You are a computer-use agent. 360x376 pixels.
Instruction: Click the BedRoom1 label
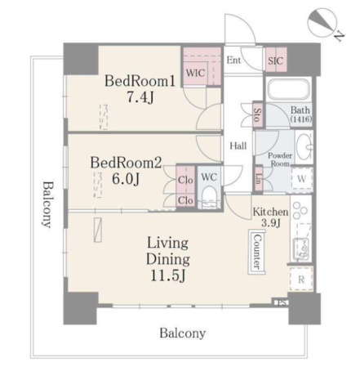click(x=140, y=81)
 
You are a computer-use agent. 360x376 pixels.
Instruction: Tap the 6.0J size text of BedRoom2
click(x=126, y=179)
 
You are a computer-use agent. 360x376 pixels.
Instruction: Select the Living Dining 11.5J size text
click(x=168, y=275)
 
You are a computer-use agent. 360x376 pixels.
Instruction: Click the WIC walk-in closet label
click(x=195, y=73)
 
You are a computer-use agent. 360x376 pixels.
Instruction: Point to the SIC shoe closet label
click(x=275, y=60)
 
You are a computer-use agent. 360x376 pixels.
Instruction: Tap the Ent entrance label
click(x=233, y=60)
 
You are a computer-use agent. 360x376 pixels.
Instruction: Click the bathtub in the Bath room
click(x=289, y=89)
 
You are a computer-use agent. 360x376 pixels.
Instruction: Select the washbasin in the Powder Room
click(x=304, y=147)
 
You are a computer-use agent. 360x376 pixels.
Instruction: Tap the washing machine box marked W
click(x=301, y=179)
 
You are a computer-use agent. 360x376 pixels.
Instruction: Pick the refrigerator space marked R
click(x=301, y=279)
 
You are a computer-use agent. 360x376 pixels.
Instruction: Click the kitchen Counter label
click(x=257, y=252)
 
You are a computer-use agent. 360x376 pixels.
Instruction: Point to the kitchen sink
click(x=300, y=249)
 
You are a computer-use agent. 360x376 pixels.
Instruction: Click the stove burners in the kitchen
click(x=300, y=212)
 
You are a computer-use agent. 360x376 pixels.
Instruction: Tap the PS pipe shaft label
click(x=281, y=302)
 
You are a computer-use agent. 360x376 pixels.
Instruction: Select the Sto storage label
click(x=257, y=115)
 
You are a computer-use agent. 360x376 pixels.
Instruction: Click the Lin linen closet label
click(x=259, y=179)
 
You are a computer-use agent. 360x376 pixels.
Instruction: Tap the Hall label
click(x=238, y=145)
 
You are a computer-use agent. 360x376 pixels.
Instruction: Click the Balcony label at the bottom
click(x=183, y=333)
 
